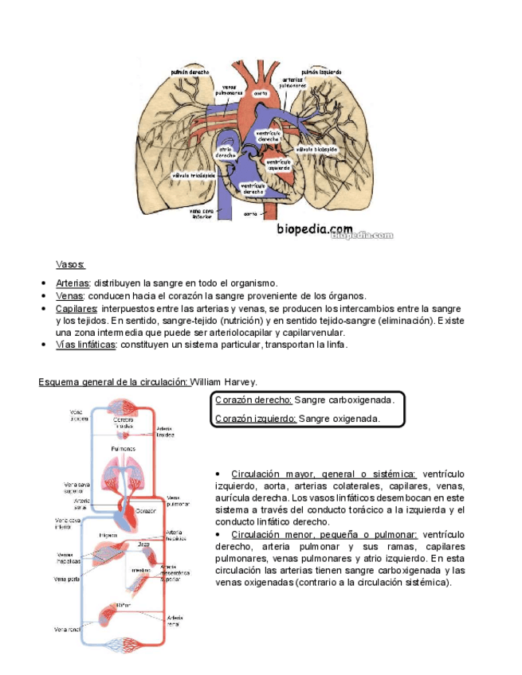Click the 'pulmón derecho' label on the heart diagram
pyautogui.click(x=189, y=72)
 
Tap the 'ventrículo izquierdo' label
pyautogui.click(x=278, y=164)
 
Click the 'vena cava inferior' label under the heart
pyautogui.click(x=202, y=213)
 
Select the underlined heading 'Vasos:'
pyautogui.click(x=70, y=264)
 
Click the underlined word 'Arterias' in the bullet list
pyautogui.click(x=73, y=283)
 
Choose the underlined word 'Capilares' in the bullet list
pyautogui.click(x=77, y=308)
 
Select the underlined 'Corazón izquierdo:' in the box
pyautogui.click(x=256, y=418)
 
